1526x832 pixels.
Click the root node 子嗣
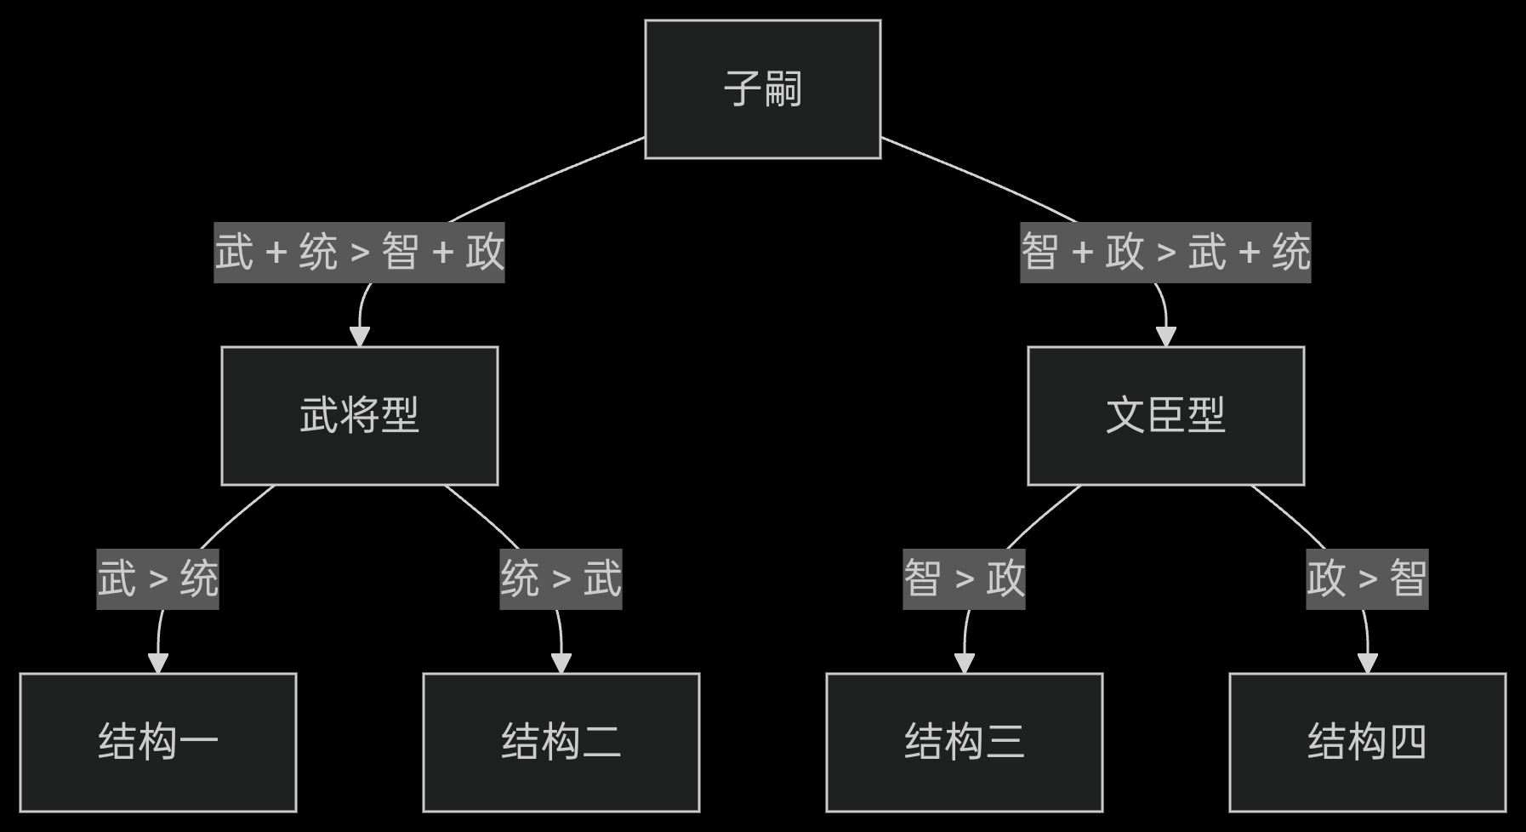pyautogui.click(x=762, y=89)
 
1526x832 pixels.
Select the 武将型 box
pyautogui.click(x=360, y=416)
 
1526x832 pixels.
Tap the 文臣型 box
pyautogui.click(x=1165, y=416)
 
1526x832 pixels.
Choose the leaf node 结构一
pyautogui.click(x=158, y=742)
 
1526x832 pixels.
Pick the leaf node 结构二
pyautogui.click(x=561, y=742)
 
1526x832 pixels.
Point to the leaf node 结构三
pyautogui.click(x=965, y=742)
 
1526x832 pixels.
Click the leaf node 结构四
pyautogui.click(x=1367, y=742)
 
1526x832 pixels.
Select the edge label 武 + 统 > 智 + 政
pyautogui.click(x=359, y=253)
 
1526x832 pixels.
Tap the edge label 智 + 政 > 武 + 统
pyautogui.click(x=1165, y=253)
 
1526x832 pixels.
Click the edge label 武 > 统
pyautogui.click(x=158, y=579)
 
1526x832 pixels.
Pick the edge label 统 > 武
pyautogui.click(x=561, y=579)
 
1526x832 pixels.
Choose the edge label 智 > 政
pyautogui.click(x=965, y=579)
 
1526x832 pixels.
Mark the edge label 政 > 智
pyautogui.click(x=1367, y=579)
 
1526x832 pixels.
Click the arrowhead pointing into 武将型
pyautogui.click(x=360, y=336)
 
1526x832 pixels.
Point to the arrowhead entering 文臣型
pyautogui.click(x=1166, y=336)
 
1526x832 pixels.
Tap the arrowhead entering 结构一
pyautogui.click(x=158, y=663)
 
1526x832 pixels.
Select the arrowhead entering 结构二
pyautogui.click(x=561, y=663)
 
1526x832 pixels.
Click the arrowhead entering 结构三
pyautogui.click(x=965, y=663)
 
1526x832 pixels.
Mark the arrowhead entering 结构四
pyautogui.click(x=1368, y=663)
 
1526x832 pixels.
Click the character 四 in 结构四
pyautogui.click(x=1407, y=742)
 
